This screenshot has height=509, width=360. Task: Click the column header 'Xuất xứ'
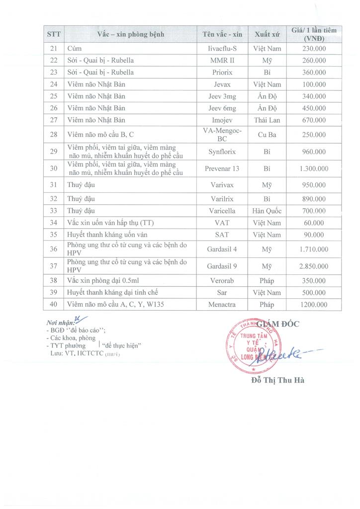pyautogui.click(x=267, y=34)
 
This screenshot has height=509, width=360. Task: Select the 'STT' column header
pyautogui.click(x=54, y=34)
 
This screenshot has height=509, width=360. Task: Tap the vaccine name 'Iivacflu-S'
pyautogui.click(x=222, y=48)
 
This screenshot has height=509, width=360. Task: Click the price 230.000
pyautogui.click(x=314, y=48)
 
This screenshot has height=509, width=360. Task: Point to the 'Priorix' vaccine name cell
pyautogui.click(x=222, y=72)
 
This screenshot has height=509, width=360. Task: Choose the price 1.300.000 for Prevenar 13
pyautogui.click(x=314, y=169)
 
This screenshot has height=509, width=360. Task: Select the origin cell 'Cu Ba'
pyautogui.click(x=267, y=134)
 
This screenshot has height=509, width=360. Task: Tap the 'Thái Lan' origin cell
pyautogui.click(x=267, y=120)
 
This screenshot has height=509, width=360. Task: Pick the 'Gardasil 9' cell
pyautogui.click(x=222, y=266)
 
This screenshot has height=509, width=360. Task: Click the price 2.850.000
pyautogui.click(x=314, y=266)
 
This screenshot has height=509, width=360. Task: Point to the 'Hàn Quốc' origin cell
pyautogui.click(x=267, y=211)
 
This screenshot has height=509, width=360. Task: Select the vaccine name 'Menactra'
pyautogui.click(x=222, y=304)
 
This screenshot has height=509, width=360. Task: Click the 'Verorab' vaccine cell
pyautogui.click(x=222, y=280)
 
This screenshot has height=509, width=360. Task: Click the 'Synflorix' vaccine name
pyautogui.click(x=222, y=152)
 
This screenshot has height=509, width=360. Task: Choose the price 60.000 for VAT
pyautogui.click(x=314, y=223)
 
